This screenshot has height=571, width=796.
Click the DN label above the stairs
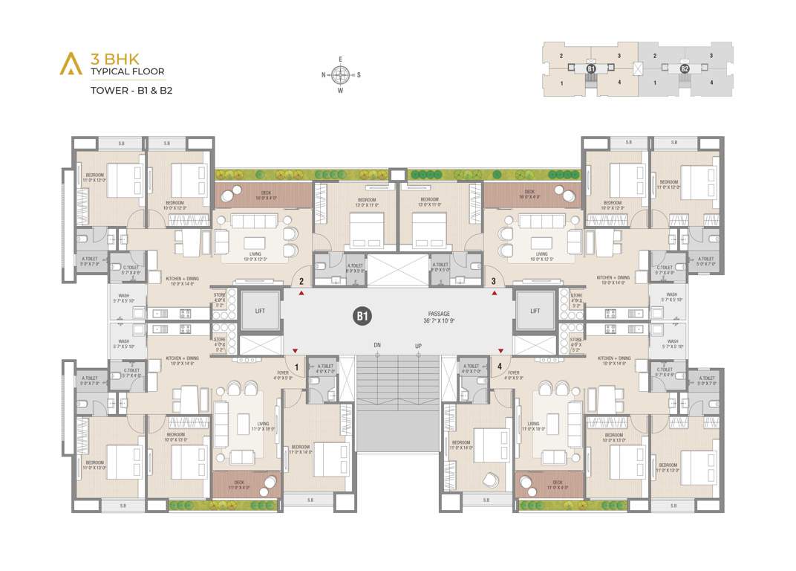[x=378, y=346]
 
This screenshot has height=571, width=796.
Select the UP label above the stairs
[x=418, y=346]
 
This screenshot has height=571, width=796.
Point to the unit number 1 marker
[x=297, y=367]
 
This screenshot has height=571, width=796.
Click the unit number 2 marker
[x=301, y=281]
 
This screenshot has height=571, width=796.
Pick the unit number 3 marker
[x=494, y=281]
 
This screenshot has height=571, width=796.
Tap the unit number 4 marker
[x=500, y=367]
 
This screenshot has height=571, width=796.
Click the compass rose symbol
[x=341, y=74]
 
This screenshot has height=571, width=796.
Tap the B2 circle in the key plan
[x=685, y=68]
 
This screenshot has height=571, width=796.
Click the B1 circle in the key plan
[x=591, y=68]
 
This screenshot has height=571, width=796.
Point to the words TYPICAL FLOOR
[x=128, y=71]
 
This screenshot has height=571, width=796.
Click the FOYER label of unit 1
[x=283, y=375]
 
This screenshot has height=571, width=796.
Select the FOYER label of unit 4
[x=513, y=375]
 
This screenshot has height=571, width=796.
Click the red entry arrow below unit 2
[x=301, y=294]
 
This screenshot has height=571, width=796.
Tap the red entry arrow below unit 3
[x=494, y=294]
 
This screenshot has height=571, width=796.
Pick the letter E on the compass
[x=341, y=58]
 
